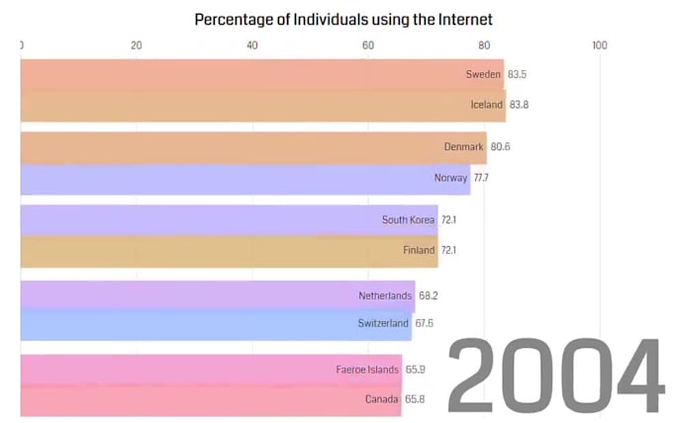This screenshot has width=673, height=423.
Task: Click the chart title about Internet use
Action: [343, 19]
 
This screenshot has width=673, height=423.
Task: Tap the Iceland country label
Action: [487, 105]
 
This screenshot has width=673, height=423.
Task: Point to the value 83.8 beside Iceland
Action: [520, 105]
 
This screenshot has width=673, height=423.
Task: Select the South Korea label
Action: [408, 219]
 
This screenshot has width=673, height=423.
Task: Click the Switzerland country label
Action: [383, 323]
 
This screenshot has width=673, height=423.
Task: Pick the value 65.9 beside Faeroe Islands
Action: [417, 370]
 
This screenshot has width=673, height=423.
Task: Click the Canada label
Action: [381, 399]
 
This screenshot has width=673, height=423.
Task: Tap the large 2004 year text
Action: [556, 376]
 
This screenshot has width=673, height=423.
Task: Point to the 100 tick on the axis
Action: [600, 45]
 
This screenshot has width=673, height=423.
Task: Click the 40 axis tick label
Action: [252, 45]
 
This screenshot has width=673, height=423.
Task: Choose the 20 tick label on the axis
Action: [137, 45]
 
